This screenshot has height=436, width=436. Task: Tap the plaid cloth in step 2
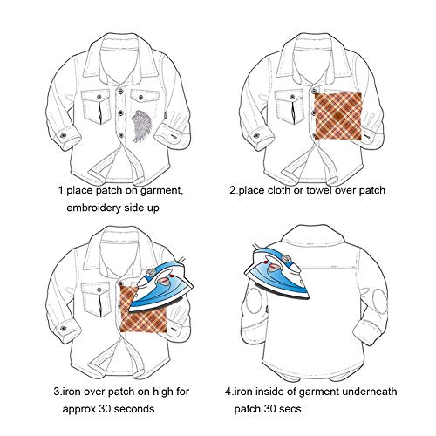pyautogui.click(x=338, y=116)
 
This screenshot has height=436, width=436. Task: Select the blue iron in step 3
pyautogui.click(x=160, y=286)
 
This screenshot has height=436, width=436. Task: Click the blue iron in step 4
pyautogui.click(x=276, y=273)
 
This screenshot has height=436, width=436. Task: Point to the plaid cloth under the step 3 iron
pyautogui.click(x=143, y=316)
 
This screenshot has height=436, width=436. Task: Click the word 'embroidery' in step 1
pyautogui.click(x=93, y=208)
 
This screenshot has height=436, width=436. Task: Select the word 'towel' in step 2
pyautogui.click(x=316, y=190)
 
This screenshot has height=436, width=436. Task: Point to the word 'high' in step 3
pyautogui.click(x=163, y=392)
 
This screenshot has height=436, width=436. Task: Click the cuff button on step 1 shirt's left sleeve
pyautogui.click(x=63, y=135)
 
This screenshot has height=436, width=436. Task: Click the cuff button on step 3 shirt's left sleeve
pyautogui.click(x=63, y=329)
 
